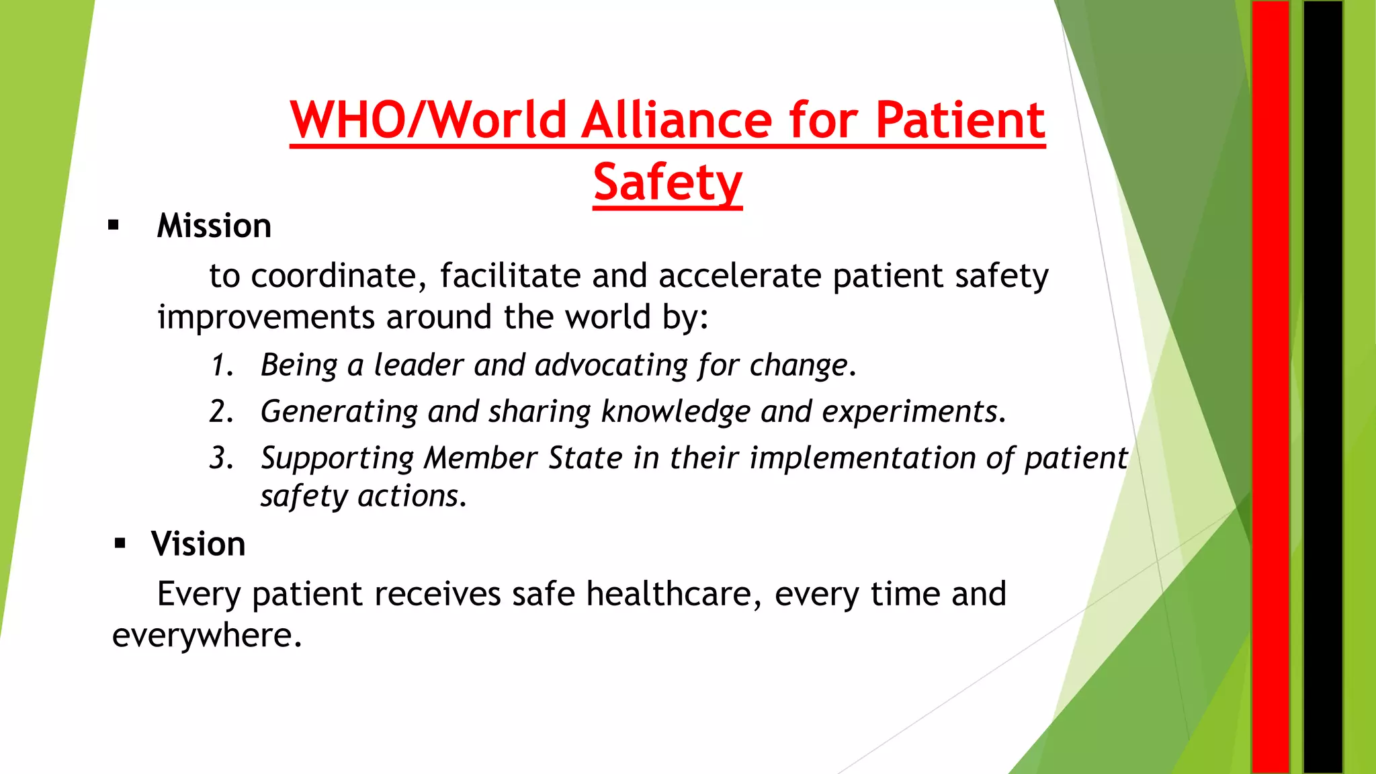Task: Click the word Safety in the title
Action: [x=667, y=182]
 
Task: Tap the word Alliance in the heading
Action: [x=678, y=120]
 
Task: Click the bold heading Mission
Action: [x=214, y=226]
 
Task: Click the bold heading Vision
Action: [x=198, y=544]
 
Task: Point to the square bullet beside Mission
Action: [x=114, y=226]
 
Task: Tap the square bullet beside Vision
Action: [x=120, y=544]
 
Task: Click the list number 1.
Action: [x=220, y=365]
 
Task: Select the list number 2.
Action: [x=220, y=411]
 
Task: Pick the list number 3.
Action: [x=220, y=458]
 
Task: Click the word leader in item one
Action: [x=418, y=365]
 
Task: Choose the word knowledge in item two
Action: [x=675, y=412]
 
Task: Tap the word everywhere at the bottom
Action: [x=206, y=636]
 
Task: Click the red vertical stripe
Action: [x=1270, y=387]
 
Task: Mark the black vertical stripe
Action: [x=1322, y=387]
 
